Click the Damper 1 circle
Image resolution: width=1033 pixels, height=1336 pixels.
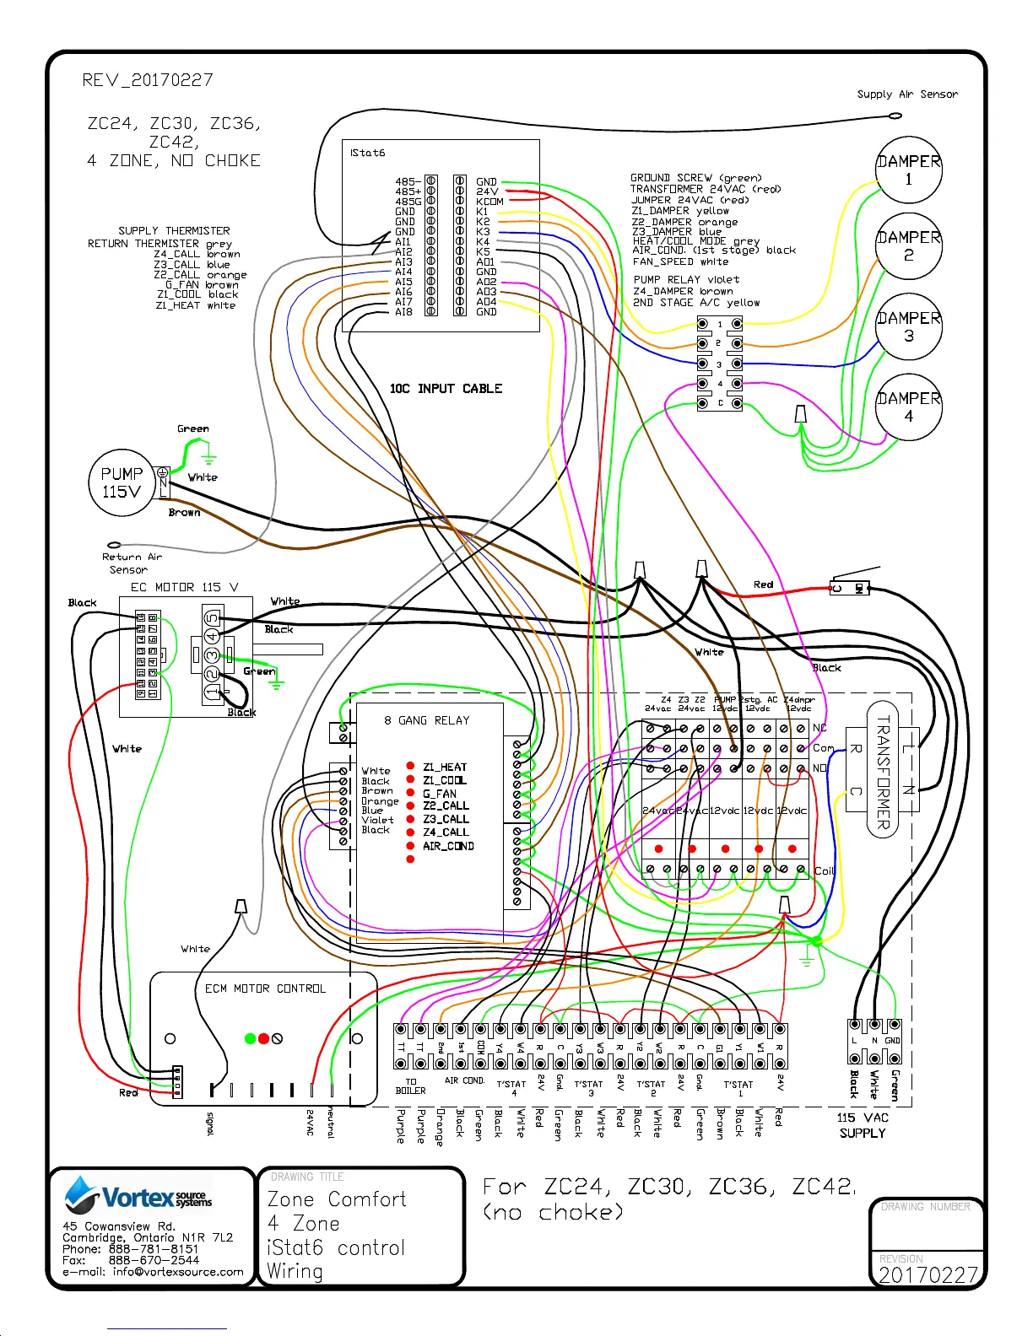[x=908, y=170]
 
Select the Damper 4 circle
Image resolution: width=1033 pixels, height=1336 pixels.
[x=908, y=407]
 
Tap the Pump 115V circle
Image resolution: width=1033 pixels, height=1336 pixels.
[x=122, y=482]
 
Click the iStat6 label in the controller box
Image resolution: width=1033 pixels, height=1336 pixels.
[x=368, y=153]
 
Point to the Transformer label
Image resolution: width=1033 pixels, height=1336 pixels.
[x=883, y=772]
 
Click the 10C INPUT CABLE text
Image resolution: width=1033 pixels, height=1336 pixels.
[x=446, y=389]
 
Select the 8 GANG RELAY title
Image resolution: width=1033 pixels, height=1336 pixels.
[x=426, y=720]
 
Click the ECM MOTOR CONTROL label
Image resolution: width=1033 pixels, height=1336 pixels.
[x=265, y=989]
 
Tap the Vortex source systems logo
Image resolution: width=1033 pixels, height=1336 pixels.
[x=139, y=1195]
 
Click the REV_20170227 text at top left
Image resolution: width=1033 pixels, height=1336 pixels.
[x=148, y=80]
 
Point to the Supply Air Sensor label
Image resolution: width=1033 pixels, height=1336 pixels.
[x=907, y=94]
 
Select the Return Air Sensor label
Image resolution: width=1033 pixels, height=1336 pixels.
[x=131, y=563]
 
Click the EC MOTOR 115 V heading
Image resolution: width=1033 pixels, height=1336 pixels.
[x=184, y=587]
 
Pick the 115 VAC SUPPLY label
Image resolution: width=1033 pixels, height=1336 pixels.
[x=863, y=1125]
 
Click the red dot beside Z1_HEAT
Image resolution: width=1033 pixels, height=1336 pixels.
[x=410, y=766]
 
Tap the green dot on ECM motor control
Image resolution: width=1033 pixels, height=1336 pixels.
[x=250, y=1038]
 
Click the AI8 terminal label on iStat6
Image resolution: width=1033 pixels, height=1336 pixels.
[x=403, y=312]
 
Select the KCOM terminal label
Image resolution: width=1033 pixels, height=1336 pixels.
[x=489, y=202]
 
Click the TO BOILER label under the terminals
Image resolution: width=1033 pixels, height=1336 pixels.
[x=411, y=1086]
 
